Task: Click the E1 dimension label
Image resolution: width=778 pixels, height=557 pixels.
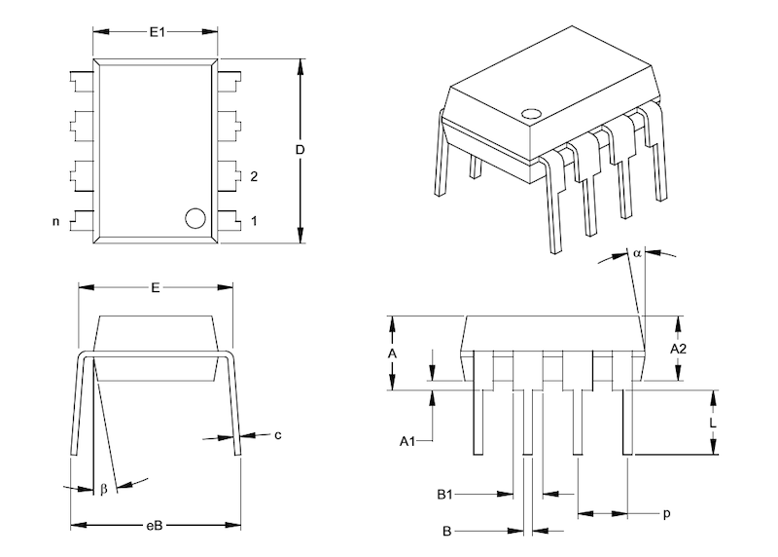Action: (157, 32)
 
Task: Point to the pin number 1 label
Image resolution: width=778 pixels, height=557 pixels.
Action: (254, 221)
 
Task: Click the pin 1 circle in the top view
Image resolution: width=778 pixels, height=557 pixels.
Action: (195, 218)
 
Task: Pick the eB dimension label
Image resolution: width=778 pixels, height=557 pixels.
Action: (155, 526)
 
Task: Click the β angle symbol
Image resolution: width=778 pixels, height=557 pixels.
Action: (103, 489)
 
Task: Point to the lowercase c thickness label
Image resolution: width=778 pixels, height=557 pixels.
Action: (277, 434)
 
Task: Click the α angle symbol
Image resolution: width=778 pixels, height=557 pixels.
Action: (636, 253)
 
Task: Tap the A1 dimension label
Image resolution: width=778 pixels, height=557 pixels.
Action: (408, 441)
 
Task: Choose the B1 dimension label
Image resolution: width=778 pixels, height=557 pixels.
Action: (445, 495)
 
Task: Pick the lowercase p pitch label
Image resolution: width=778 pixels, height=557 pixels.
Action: (667, 513)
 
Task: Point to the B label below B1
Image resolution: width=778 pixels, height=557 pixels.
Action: (445, 532)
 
